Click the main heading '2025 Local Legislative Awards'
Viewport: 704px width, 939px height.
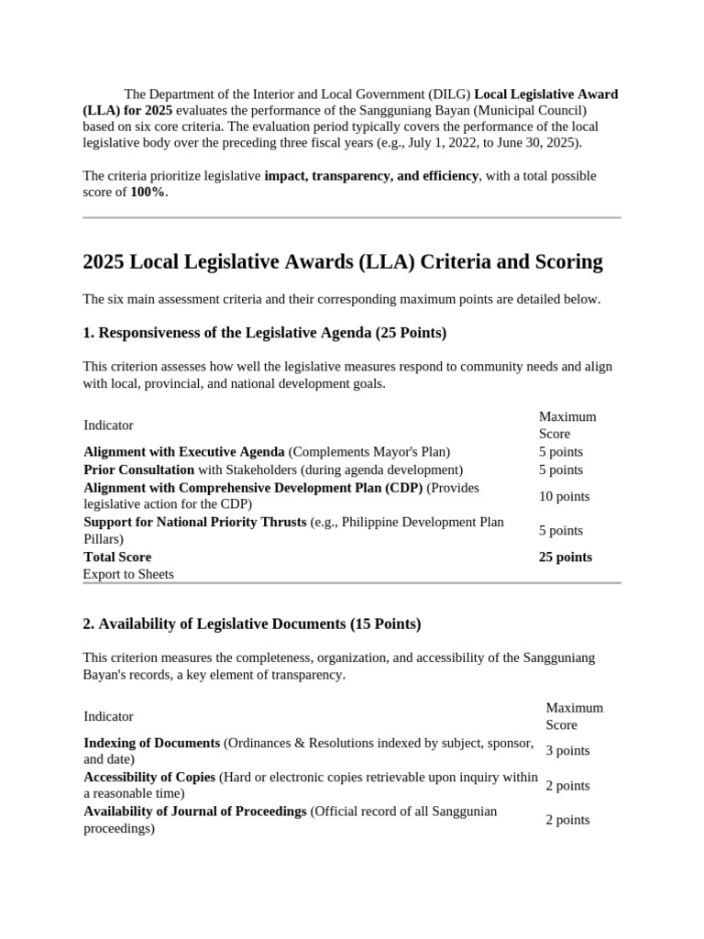point(342,262)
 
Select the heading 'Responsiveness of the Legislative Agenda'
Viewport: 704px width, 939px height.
point(264,332)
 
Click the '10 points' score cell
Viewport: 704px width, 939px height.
point(564,496)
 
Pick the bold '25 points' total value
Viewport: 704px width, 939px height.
point(565,557)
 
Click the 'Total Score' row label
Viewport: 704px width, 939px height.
point(117,557)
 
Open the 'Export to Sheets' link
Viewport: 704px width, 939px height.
point(128,574)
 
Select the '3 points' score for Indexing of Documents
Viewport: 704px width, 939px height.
point(567,750)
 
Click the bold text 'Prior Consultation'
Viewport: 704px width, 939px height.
point(138,469)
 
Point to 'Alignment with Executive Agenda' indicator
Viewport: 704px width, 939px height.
point(183,451)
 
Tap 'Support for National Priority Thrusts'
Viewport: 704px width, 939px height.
point(194,522)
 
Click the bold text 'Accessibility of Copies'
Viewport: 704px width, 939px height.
point(149,777)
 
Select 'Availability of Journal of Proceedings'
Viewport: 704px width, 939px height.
point(194,812)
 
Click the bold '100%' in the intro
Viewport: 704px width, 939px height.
point(148,193)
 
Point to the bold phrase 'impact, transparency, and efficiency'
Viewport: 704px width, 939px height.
point(371,175)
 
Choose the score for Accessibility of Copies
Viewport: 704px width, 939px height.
point(567,785)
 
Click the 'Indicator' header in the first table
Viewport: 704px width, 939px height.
point(108,425)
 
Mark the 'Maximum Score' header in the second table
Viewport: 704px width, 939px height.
point(574,716)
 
